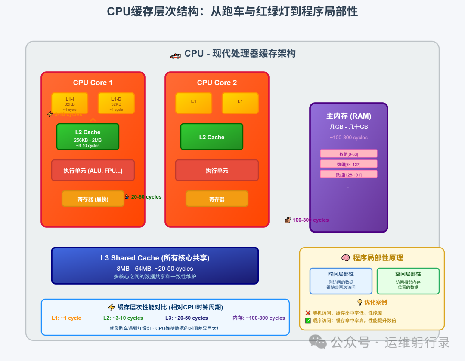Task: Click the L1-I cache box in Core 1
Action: coord(70,103)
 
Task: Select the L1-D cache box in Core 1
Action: coord(116,103)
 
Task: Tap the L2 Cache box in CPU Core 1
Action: coord(88,137)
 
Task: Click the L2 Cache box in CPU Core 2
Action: coord(212,137)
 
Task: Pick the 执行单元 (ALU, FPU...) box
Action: coord(93,170)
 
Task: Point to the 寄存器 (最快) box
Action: coord(93,199)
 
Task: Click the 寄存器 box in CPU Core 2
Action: coord(217,199)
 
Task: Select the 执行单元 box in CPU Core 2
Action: coord(217,170)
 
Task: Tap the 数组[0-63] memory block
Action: coord(349,154)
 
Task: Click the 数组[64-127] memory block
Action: coord(349,164)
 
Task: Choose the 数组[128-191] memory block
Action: coord(349,174)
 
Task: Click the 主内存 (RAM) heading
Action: coord(349,116)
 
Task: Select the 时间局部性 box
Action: coord(341,281)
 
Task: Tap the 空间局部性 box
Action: coord(408,281)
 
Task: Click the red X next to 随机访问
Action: coord(308,313)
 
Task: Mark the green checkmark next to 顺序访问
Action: coord(308,321)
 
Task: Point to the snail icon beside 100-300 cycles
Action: coord(288,220)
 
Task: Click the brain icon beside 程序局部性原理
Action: coord(345,258)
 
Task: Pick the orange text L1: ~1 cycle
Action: coord(66,318)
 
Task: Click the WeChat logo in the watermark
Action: coord(319,342)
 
